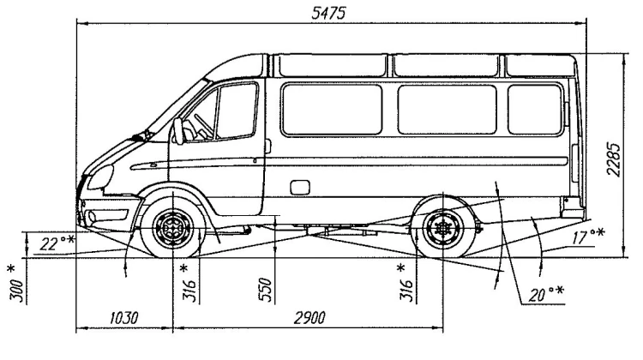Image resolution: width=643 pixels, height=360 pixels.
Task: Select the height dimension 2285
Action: (x=611, y=159)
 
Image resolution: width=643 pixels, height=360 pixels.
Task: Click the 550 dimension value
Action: (x=265, y=291)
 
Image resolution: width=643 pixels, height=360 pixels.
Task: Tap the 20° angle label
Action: (x=541, y=296)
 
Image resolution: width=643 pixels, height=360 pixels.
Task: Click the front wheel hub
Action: (x=173, y=229)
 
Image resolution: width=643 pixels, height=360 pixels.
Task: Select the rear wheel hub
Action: (x=443, y=229)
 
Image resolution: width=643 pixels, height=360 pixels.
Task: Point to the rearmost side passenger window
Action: (x=534, y=110)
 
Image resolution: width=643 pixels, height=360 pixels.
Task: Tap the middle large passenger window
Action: (x=447, y=110)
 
